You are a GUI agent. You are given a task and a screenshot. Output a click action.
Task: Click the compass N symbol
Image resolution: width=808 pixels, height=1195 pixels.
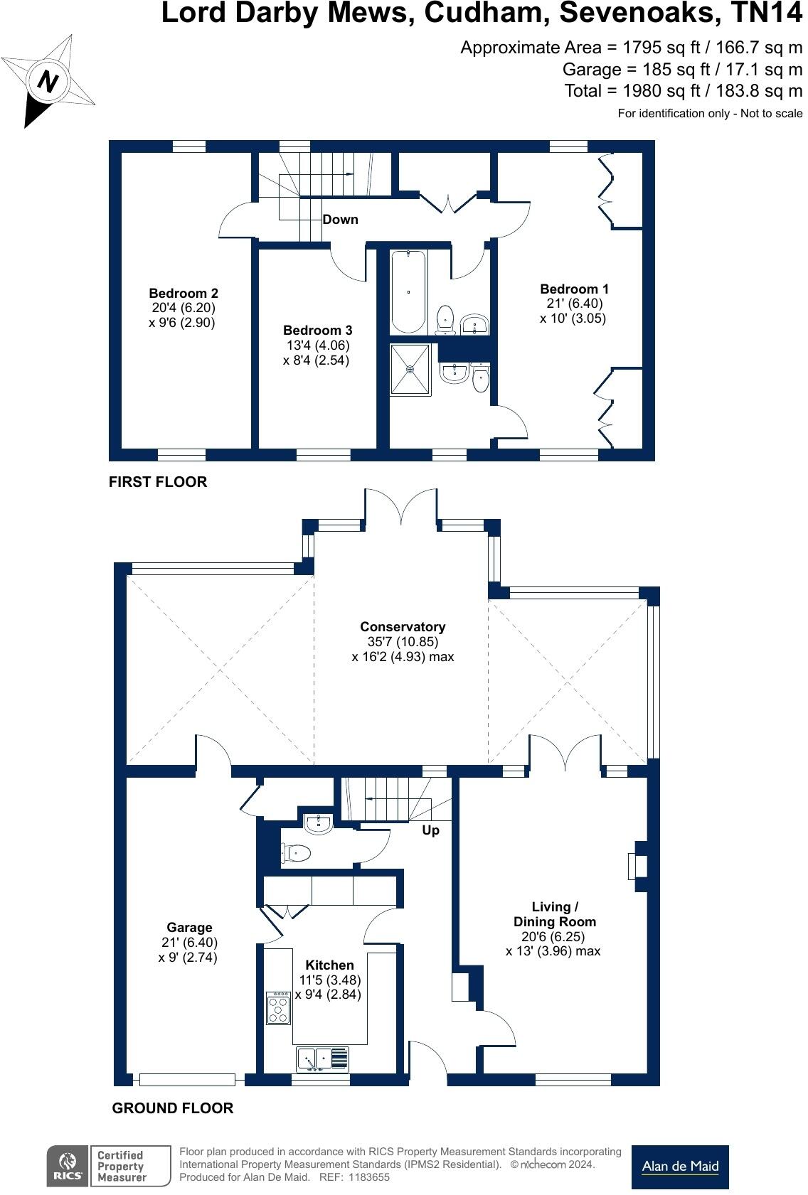48,82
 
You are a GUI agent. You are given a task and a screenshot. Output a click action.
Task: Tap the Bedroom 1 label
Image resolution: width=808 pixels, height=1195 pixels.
574,289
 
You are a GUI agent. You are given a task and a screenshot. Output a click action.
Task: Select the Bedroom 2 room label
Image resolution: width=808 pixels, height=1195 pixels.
183,293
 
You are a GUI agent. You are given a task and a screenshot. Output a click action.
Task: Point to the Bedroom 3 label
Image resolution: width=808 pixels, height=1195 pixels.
317,330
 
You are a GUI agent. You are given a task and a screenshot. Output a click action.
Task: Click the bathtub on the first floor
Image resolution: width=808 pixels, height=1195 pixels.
408,291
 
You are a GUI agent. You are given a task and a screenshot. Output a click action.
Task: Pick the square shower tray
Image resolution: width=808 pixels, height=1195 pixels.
410,370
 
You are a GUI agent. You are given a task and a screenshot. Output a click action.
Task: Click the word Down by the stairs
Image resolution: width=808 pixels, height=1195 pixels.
340,219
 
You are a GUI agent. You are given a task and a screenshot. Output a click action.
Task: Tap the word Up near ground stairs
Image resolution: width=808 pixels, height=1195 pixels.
430,830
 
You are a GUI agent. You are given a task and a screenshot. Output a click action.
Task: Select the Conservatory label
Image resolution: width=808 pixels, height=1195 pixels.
403,626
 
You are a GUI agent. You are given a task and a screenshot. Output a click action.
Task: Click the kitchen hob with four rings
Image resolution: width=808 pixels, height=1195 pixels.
278,1008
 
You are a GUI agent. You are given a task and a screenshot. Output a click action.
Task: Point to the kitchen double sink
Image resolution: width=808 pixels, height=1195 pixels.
322,1059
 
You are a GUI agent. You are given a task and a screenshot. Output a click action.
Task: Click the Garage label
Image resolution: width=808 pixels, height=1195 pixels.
189,927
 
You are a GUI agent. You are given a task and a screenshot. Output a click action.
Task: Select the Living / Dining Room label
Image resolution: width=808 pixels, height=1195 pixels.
554,914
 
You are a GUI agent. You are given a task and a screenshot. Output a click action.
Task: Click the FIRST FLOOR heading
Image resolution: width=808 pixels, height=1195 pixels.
158,481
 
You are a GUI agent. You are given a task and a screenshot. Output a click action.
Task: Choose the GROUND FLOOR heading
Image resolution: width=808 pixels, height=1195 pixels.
173,1108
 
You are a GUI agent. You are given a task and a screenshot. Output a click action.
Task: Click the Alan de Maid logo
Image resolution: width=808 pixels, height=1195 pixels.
680,1167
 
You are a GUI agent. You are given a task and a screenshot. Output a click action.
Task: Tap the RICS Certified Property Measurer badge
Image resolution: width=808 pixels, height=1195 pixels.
109,1166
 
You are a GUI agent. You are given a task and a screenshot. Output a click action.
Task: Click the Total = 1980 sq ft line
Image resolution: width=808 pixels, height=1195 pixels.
683,90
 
